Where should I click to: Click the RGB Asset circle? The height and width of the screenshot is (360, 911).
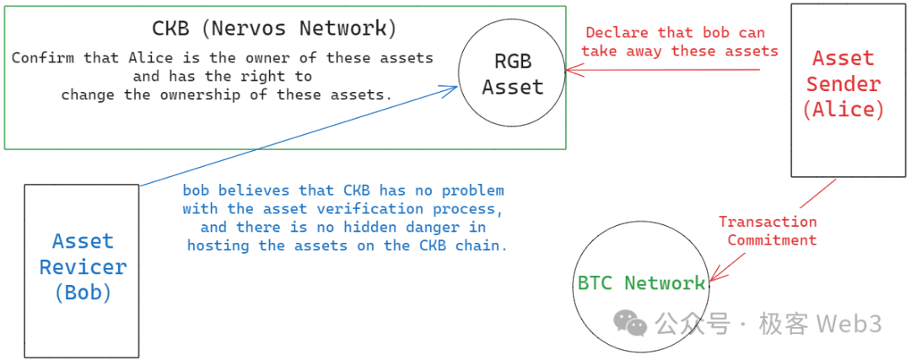(512, 74)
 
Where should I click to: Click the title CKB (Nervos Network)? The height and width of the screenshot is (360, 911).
(274, 28)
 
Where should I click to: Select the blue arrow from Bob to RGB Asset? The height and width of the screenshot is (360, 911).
(295, 135)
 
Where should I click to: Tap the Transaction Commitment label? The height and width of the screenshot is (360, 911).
(768, 230)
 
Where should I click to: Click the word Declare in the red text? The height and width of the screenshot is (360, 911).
(617, 33)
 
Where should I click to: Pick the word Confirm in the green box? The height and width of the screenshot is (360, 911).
(42, 58)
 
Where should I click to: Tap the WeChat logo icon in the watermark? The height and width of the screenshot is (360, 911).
(632, 322)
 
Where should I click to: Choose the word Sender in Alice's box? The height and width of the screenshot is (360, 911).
(843, 84)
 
